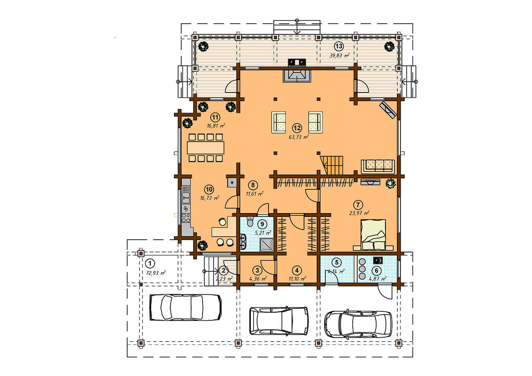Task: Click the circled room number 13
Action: (339, 46)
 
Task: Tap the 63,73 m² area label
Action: (299, 137)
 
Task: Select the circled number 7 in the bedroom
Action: (358, 205)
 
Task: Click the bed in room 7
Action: (373, 234)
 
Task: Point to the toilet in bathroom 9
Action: (250, 221)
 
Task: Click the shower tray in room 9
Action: (267, 245)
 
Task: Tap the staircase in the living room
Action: (331, 165)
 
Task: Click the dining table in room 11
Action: (206, 148)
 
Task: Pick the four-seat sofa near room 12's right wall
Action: (378, 167)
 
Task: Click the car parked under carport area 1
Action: (185, 307)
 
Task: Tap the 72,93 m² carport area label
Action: (156, 273)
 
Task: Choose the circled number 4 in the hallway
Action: (297, 270)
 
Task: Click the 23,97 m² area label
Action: (359, 213)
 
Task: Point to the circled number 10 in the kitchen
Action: (209, 189)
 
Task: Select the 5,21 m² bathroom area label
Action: (263, 233)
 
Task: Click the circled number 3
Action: (257, 270)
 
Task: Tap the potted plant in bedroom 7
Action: (390, 183)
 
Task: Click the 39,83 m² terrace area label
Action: (339, 56)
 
